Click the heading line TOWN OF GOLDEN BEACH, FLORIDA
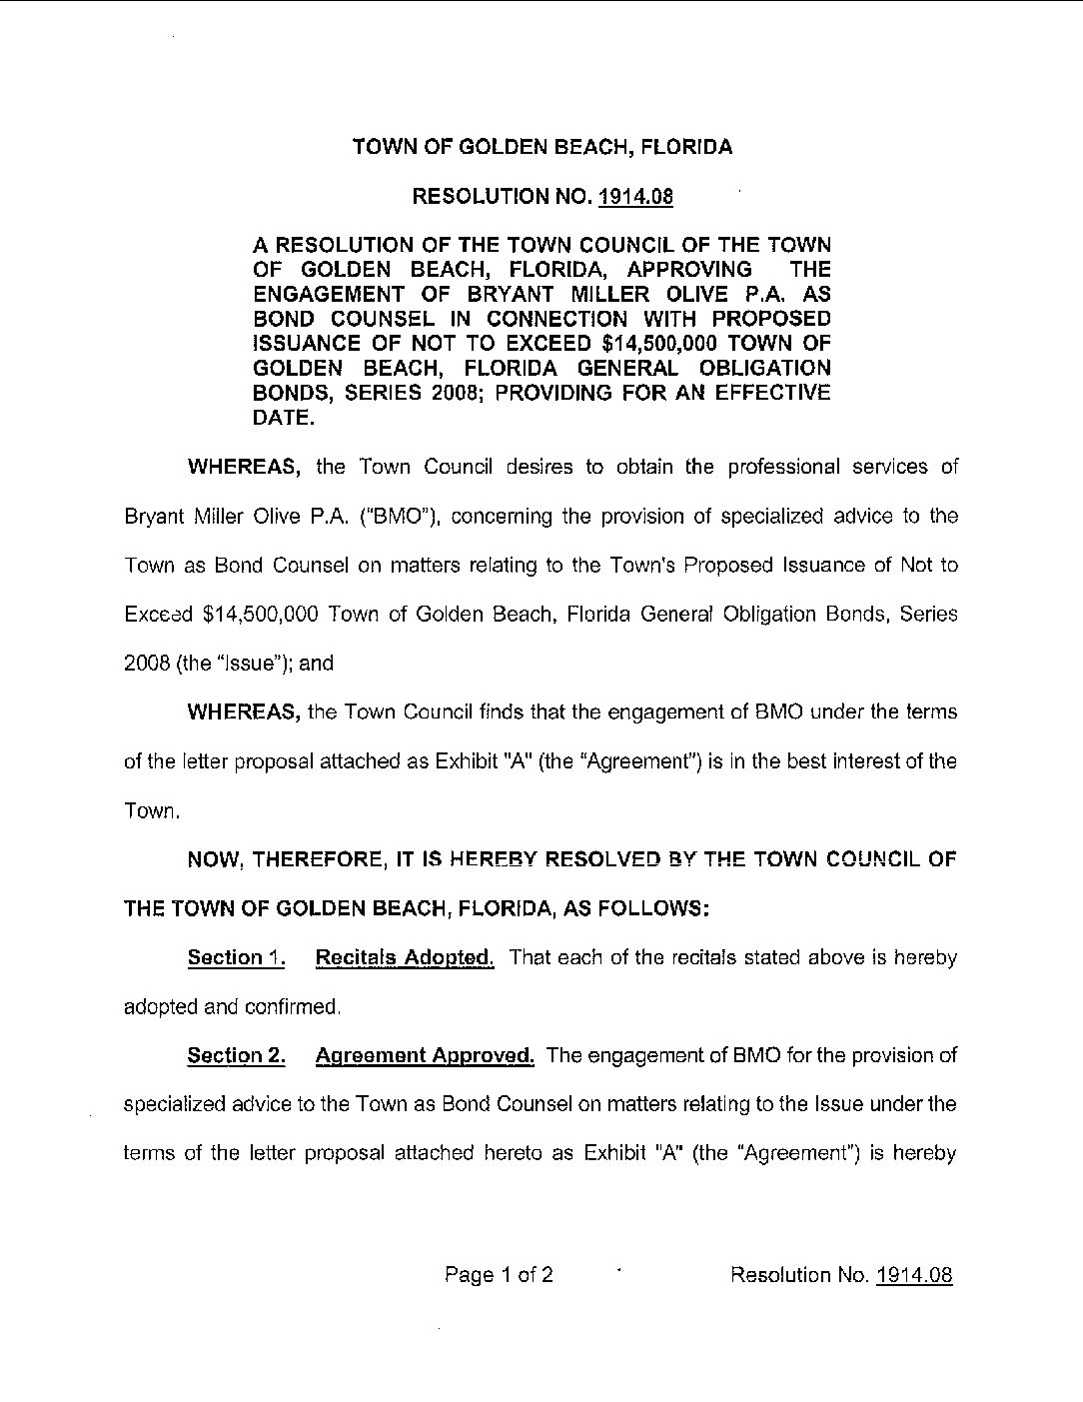click(x=542, y=147)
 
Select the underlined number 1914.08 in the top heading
click(x=636, y=197)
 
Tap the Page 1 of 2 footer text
click(x=500, y=1274)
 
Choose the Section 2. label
click(x=237, y=1055)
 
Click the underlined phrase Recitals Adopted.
click(x=405, y=957)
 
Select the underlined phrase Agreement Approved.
click(x=425, y=1055)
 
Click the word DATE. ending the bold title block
click(x=284, y=418)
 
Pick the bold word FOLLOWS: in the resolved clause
click(x=658, y=908)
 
